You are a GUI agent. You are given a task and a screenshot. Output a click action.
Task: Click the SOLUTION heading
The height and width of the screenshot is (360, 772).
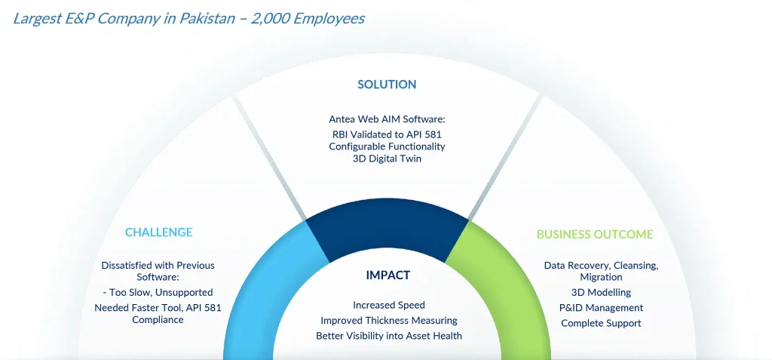click(x=387, y=85)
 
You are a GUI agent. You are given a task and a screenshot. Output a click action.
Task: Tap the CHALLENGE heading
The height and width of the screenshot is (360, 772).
click(x=158, y=232)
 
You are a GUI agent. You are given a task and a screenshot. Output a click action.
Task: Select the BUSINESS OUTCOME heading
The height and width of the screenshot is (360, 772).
click(x=595, y=234)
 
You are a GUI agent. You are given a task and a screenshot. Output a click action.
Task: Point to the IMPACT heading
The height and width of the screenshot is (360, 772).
click(x=388, y=275)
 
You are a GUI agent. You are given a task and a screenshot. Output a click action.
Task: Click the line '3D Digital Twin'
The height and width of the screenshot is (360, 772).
click(x=387, y=159)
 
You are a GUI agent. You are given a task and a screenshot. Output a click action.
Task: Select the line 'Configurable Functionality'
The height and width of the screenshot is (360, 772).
click(x=387, y=146)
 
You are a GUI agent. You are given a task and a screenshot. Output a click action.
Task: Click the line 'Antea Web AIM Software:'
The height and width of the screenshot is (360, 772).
click(x=387, y=119)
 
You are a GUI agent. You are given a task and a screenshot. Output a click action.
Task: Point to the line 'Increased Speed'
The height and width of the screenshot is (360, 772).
click(x=389, y=305)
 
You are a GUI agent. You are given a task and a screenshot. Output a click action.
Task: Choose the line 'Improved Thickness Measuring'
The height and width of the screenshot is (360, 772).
click(x=389, y=321)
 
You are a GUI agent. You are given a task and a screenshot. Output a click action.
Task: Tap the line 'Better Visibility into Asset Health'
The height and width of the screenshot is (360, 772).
click(x=389, y=336)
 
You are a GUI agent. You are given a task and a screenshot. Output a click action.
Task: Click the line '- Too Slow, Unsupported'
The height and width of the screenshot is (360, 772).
click(x=158, y=292)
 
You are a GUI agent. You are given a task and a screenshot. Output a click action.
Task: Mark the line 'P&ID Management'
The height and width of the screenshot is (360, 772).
click(x=601, y=308)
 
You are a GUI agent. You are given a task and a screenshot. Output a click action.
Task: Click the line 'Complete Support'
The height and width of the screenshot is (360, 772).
click(x=601, y=324)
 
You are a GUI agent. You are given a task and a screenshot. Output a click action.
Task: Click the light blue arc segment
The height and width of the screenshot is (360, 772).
click(x=261, y=291)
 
